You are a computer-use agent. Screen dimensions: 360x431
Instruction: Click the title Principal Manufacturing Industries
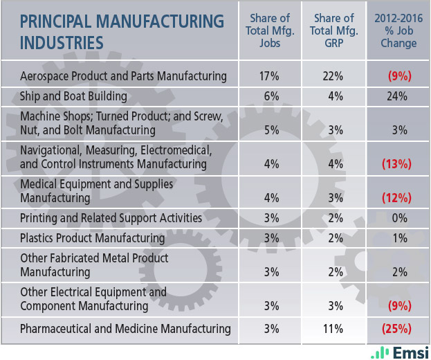(122, 31)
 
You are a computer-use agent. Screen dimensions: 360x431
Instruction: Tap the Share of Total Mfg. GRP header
(336, 30)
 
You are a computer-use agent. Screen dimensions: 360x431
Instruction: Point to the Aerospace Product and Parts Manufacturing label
(123, 76)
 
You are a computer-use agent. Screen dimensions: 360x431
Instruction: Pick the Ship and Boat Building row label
(73, 96)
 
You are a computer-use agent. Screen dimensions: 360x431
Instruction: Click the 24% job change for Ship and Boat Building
(398, 96)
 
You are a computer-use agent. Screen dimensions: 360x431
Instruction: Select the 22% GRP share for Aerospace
(336, 76)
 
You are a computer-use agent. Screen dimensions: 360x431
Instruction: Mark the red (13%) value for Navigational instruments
(398, 164)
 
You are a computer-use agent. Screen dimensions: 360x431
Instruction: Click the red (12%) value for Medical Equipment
(398, 198)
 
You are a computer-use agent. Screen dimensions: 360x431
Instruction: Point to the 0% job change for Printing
(398, 218)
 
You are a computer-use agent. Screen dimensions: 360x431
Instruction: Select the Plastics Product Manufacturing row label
(93, 238)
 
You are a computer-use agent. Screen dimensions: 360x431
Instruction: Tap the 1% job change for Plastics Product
(398, 238)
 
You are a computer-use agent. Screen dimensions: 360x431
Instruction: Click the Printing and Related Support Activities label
(111, 218)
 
